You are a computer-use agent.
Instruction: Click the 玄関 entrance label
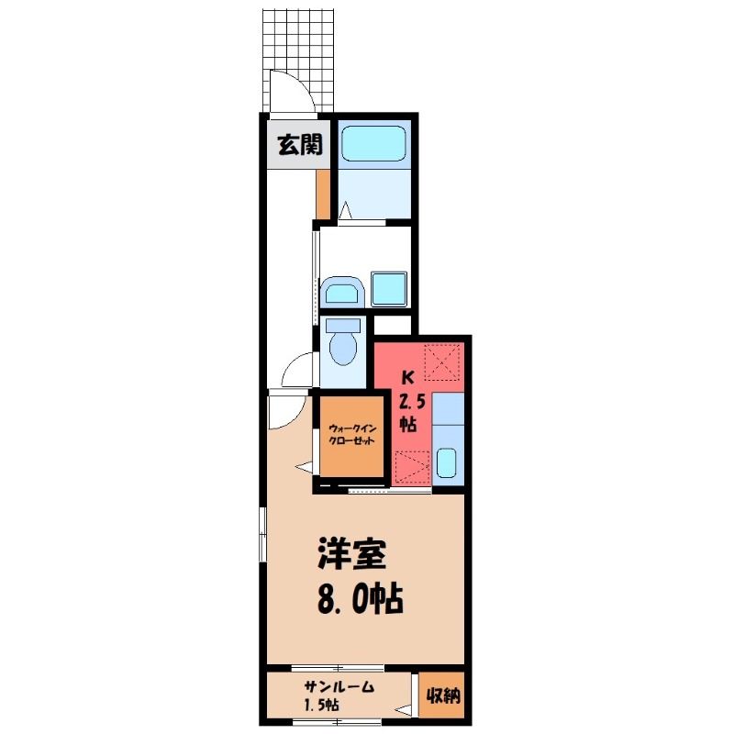300,145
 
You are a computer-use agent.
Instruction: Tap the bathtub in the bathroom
373,144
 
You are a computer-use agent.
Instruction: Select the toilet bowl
343,341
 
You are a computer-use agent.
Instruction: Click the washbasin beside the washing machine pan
342,291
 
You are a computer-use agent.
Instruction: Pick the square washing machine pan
388,289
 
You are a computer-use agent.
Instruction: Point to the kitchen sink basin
446,462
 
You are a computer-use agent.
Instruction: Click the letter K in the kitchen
408,377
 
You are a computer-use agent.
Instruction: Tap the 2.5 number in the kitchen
411,402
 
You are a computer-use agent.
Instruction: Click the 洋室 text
352,554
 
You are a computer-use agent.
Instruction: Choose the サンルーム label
339,686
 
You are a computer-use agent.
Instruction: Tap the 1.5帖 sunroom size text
322,705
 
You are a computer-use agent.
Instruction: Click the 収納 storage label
442,696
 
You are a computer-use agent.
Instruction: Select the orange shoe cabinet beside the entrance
323,194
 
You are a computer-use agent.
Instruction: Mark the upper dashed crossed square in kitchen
442,361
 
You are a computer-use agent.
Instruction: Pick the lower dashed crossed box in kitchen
412,466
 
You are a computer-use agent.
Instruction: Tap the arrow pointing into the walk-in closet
305,467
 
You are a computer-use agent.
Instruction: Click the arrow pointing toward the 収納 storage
403,710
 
